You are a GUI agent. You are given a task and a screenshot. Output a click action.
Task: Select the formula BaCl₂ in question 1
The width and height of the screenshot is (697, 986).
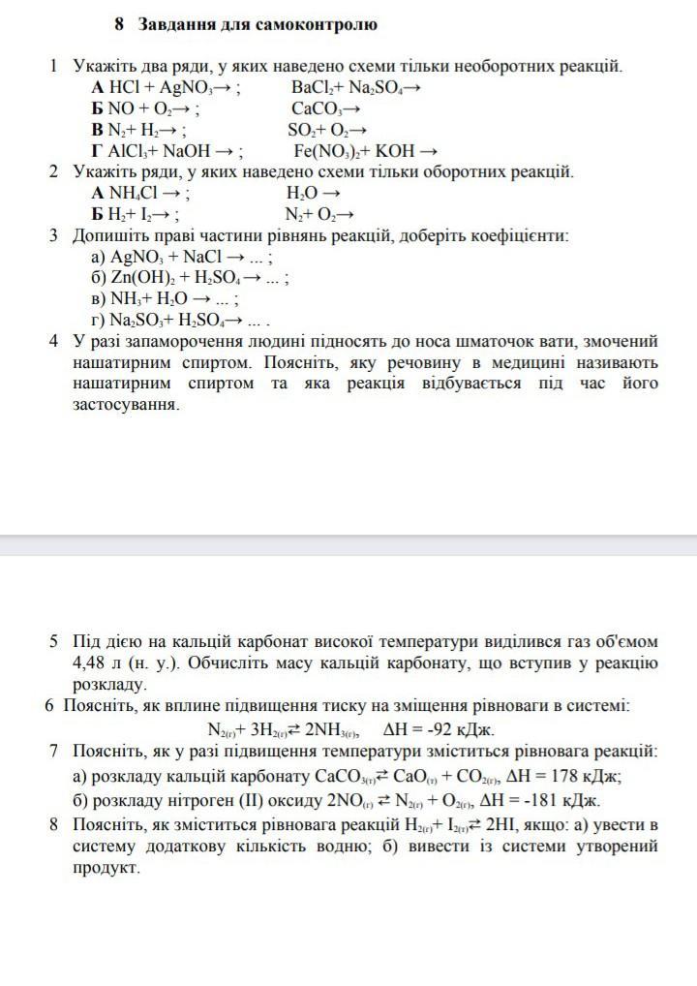coord(311,88)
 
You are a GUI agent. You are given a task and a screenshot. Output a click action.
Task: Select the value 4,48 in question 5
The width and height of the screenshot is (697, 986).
coord(92,663)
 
